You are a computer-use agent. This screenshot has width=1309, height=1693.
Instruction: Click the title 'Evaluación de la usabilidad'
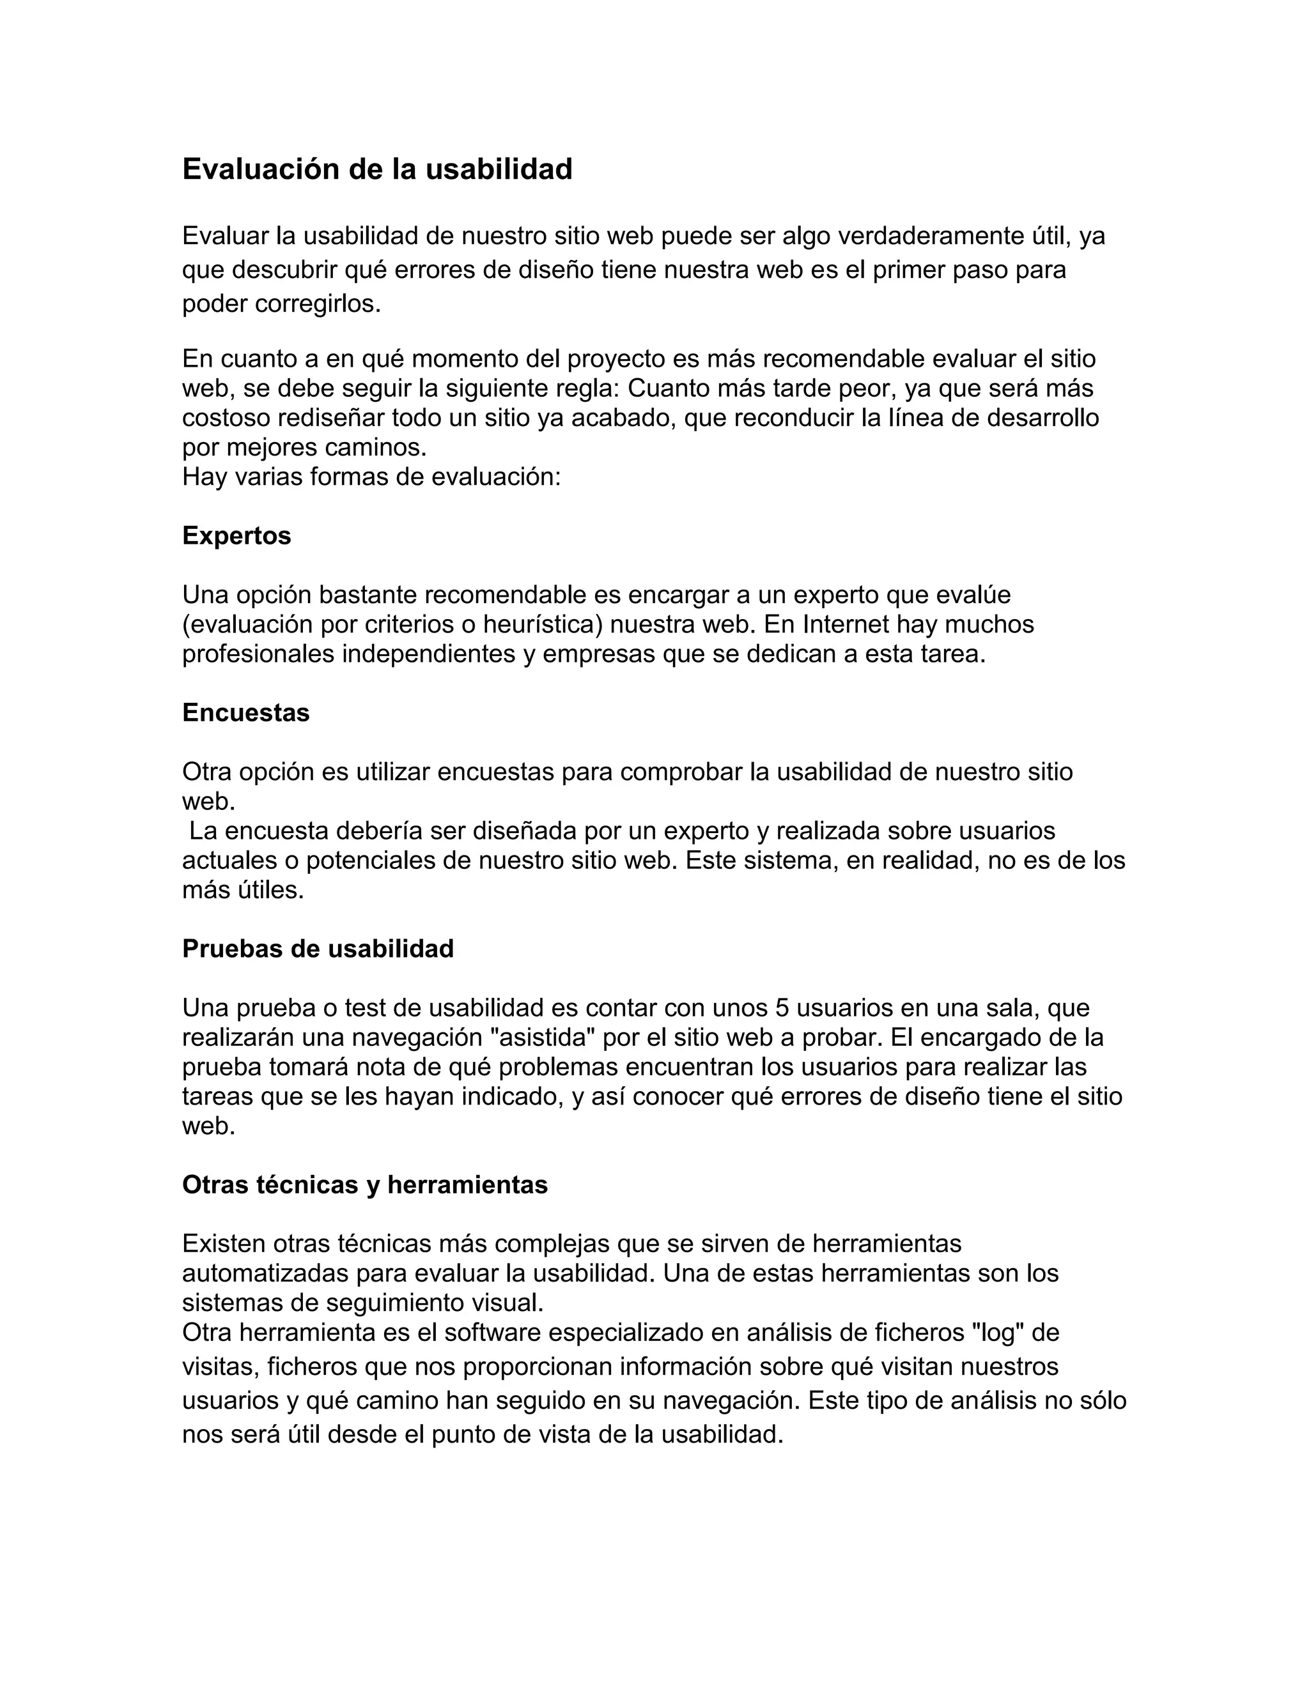click(377, 169)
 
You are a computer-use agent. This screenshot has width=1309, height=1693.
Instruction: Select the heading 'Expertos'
click(236, 535)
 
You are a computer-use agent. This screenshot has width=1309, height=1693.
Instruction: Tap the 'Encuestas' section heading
click(246, 712)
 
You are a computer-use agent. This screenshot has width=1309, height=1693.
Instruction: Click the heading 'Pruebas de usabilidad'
click(318, 949)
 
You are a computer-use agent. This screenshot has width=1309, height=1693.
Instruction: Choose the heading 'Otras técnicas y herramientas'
click(364, 1184)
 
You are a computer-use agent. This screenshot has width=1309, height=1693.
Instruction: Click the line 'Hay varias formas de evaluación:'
click(371, 477)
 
